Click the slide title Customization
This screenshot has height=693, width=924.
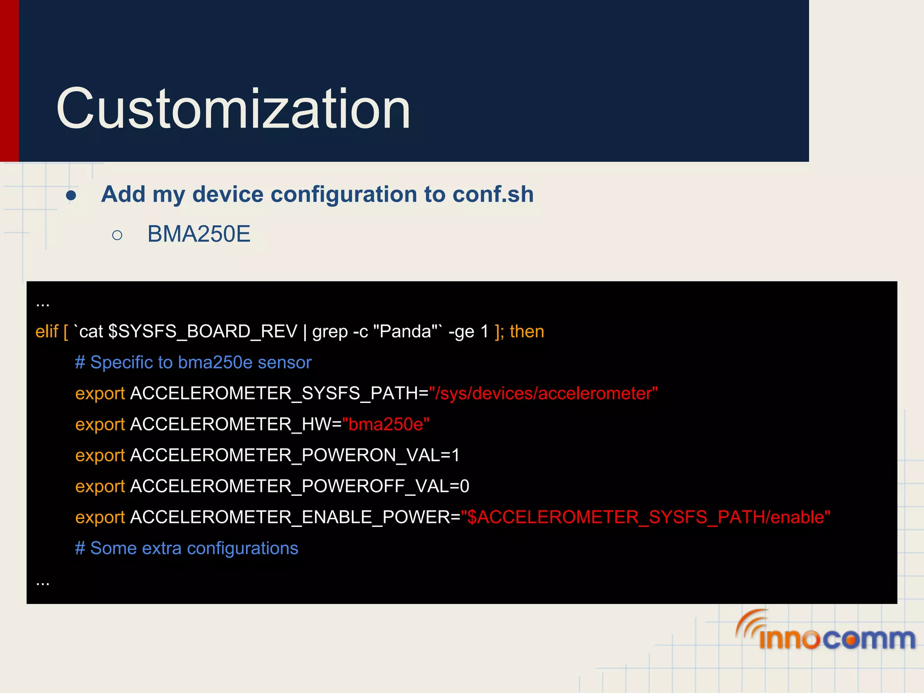pyautogui.click(x=233, y=109)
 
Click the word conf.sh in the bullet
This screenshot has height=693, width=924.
pyautogui.click(x=493, y=194)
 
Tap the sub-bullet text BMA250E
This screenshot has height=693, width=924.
pyautogui.click(x=199, y=234)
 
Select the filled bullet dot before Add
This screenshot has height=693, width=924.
pyautogui.click(x=71, y=196)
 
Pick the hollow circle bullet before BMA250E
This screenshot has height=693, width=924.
pyautogui.click(x=117, y=235)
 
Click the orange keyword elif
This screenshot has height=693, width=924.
pyautogui.click(x=46, y=332)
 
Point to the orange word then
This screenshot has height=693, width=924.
pyautogui.click(x=527, y=332)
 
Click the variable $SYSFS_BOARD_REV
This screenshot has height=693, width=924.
pyautogui.click(x=203, y=332)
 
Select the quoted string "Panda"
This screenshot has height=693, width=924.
pyautogui.click(x=405, y=332)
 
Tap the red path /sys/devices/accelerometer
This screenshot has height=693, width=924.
pyautogui.click(x=543, y=393)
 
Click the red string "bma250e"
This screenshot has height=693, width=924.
pyautogui.click(x=386, y=425)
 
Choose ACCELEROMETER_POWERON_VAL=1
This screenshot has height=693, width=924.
pyautogui.click(x=295, y=455)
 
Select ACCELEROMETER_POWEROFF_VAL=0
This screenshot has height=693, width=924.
pyautogui.click(x=300, y=486)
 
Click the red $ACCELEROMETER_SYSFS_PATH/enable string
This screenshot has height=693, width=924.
pyautogui.click(x=645, y=517)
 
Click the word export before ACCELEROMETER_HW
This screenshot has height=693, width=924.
pyautogui.click(x=100, y=425)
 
